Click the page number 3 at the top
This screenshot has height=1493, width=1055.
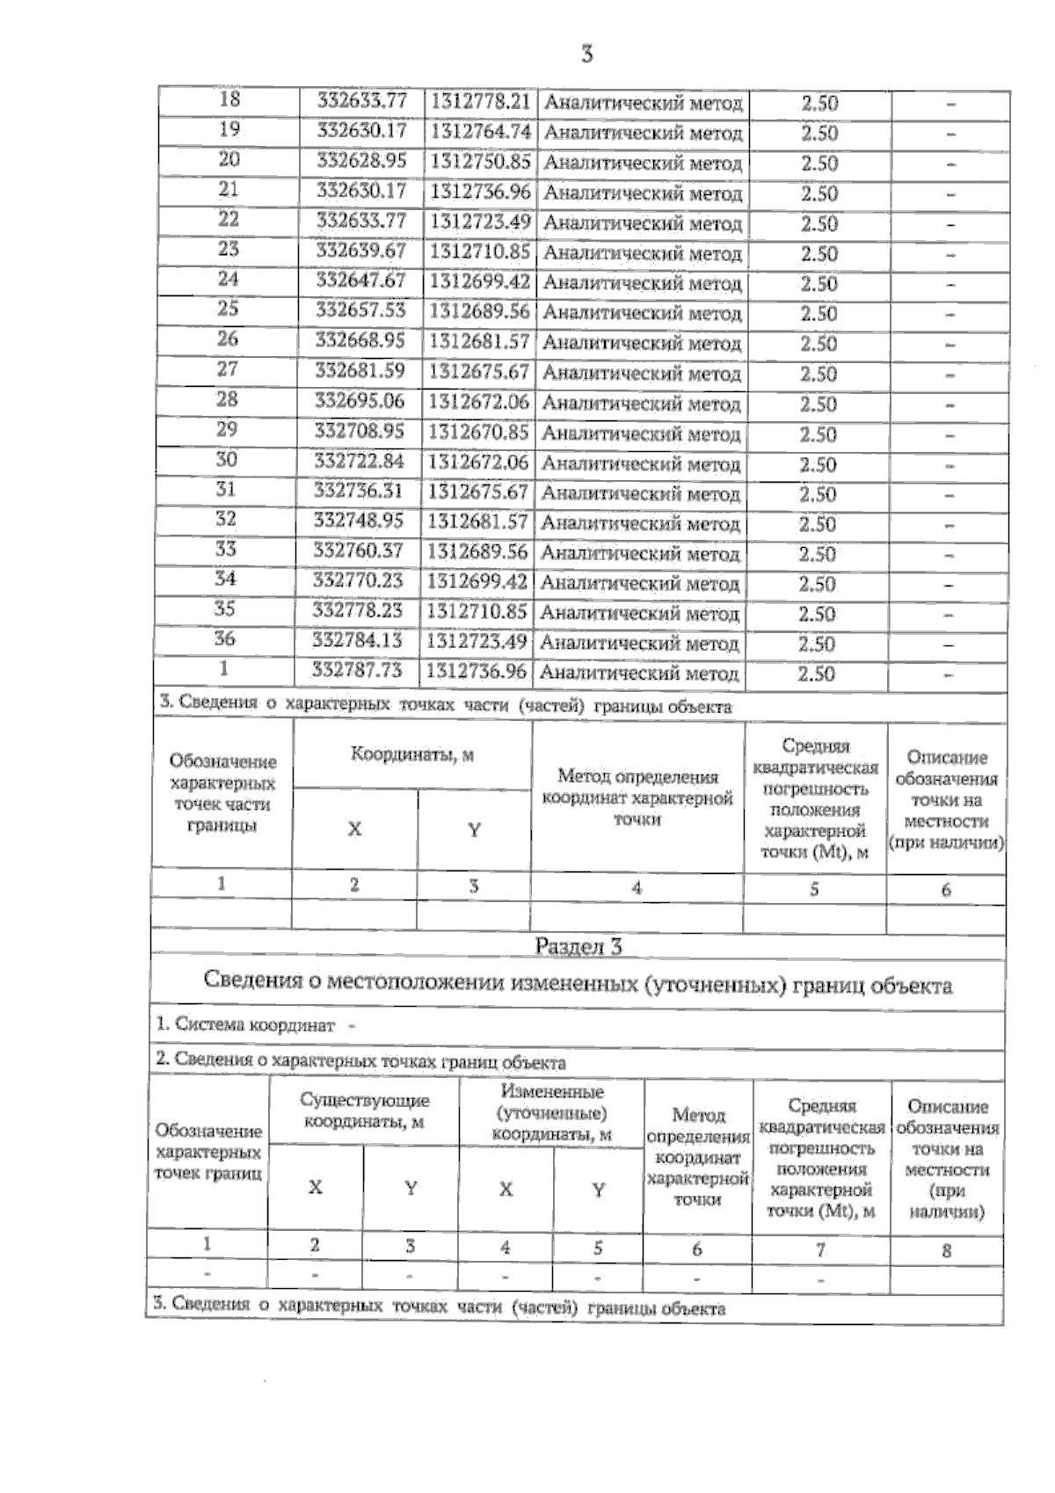[x=587, y=55]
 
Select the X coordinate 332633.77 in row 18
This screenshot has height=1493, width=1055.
[x=361, y=101]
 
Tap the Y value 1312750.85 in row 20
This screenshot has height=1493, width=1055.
[x=480, y=162]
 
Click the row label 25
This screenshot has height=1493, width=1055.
[x=229, y=310]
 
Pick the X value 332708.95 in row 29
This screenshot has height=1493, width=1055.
[x=360, y=431]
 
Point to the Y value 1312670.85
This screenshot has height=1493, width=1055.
[x=479, y=432]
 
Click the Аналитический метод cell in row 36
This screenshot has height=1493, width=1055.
[x=639, y=644]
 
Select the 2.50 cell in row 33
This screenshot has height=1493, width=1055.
[x=818, y=554]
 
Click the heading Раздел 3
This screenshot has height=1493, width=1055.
[x=578, y=946]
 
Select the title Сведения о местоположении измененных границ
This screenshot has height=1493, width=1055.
[x=578, y=982]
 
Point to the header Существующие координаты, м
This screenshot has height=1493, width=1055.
[x=364, y=1111]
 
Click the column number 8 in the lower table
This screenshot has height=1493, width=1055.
[x=946, y=1249]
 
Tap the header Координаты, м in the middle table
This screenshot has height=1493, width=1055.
[x=412, y=754]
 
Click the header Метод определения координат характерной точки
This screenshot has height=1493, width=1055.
[x=637, y=797]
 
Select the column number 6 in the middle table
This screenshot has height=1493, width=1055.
[x=946, y=889]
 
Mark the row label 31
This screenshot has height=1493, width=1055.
[x=226, y=490]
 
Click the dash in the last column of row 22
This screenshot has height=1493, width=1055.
[x=950, y=224]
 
